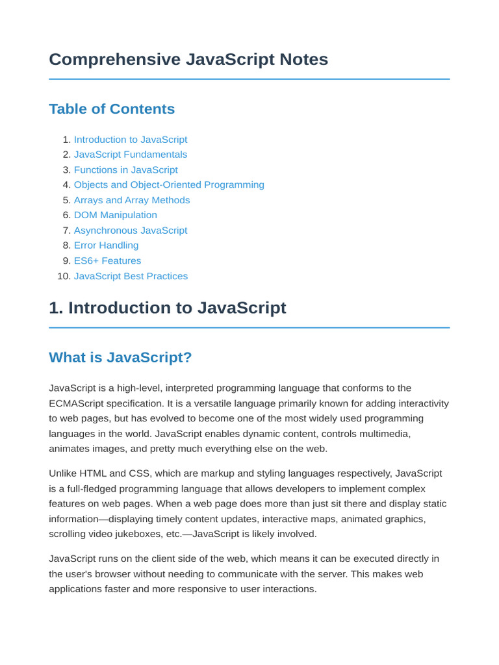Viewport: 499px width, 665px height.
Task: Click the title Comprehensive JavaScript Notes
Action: pos(188,60)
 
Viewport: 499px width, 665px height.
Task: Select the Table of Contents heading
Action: pos(112,109)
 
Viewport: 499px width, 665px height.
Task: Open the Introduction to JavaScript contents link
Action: pos(131,140)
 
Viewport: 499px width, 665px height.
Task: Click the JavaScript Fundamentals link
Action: pos(131,155)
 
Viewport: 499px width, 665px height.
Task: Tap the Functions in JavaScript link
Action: pos(125,170)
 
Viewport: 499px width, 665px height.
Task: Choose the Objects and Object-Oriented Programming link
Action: pos(169,185)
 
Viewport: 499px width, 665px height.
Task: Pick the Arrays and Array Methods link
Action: pos(132,200)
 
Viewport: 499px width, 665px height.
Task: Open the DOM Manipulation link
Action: pos(116,215)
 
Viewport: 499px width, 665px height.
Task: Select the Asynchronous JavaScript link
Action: pos(131,231)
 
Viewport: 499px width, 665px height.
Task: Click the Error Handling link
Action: pos(106,245)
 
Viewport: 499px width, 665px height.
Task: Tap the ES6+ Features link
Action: pos(107,261)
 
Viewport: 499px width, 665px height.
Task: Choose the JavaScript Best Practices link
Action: pos(131,276)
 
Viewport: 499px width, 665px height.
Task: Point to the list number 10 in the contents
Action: pos(63,276)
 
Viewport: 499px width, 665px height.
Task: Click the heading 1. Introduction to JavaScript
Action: pos(168,308)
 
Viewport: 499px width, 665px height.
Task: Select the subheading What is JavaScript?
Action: pos(120,358)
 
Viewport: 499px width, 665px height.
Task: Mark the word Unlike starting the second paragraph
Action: pos(63,473)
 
